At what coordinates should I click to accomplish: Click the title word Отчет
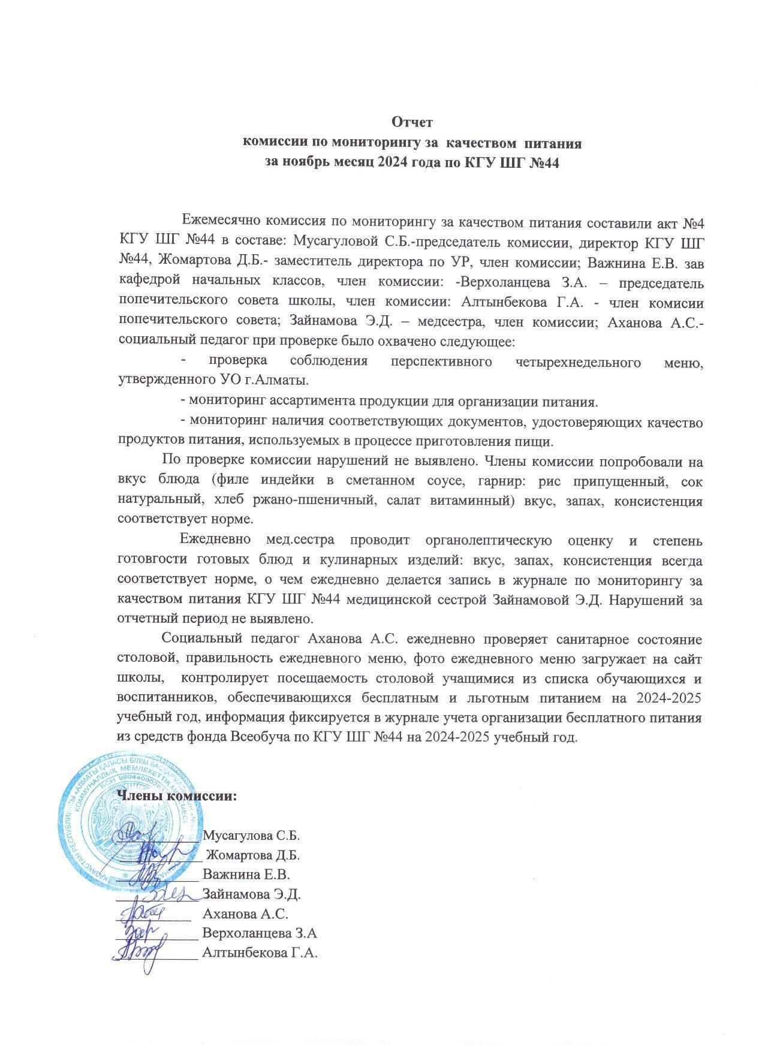click(412, 122)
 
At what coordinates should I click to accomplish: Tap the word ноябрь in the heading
click(314, 162)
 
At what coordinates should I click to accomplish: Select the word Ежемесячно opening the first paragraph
click(218, 222)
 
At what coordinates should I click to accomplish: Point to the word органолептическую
click(487, 541)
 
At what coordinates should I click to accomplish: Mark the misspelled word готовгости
click(152, 561)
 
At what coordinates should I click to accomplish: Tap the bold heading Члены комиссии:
click(177, 796)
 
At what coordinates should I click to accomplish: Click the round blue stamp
click(127, 821)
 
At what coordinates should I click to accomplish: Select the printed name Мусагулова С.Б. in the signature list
click(251, 836)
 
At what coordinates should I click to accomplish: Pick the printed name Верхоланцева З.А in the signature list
click(260, 933)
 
